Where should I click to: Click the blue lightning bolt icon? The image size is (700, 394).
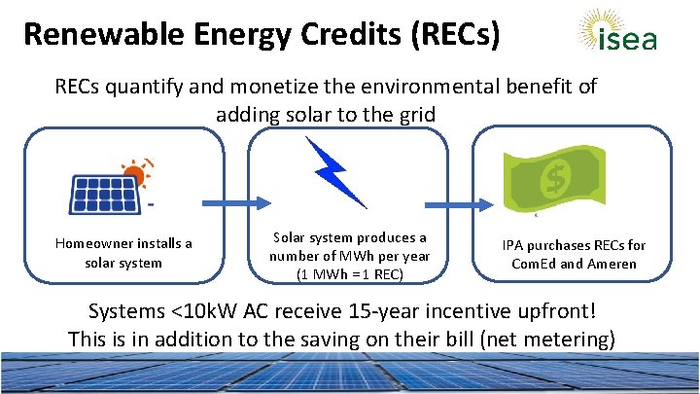click(x=335, y=172)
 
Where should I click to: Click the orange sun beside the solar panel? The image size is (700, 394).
click(x=137, y=174)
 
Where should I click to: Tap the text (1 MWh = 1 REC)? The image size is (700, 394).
click(x=350, y=274)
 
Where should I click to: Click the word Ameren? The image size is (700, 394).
click(x=612, y=264)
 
